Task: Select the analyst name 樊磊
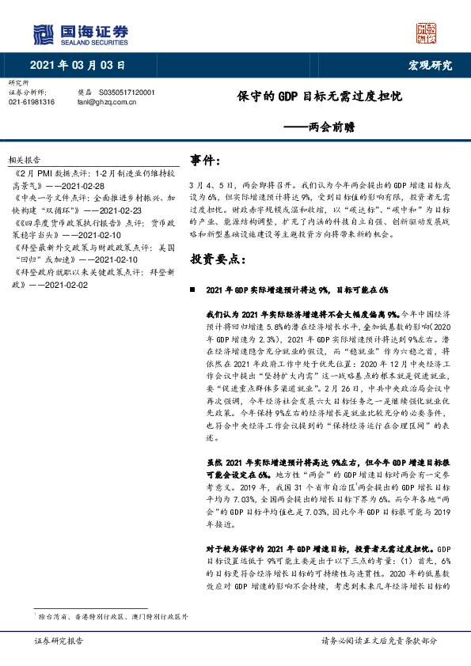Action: pyautogui.click(x=85, y=93)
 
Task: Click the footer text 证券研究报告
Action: pyautogui.click(x=55, y=641)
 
